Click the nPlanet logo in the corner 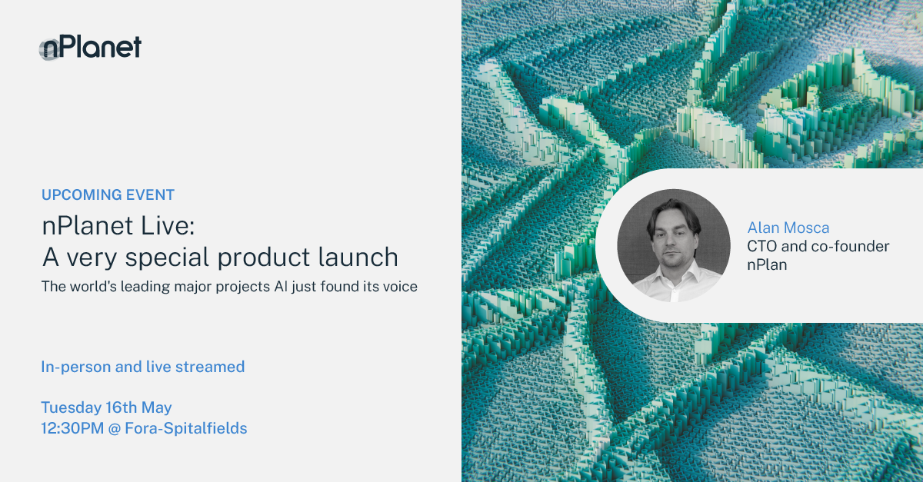pyautogui.click(x=91, y=48)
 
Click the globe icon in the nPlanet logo pyautogui.click(x=49, y=50)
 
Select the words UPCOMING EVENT pyautogui.click(x=108, y=194)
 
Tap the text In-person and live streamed pyautogui.click(x=143, y=367)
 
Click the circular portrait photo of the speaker pyautogui.click(x=674, y=246)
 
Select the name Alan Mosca pyautogui.click(x=788, y=228)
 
